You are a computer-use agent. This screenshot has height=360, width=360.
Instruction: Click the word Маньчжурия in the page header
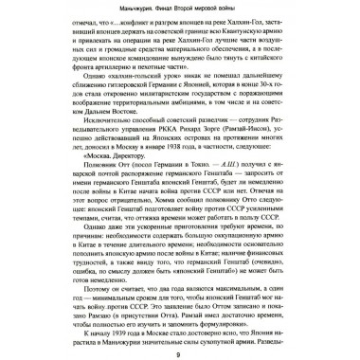point(87,11)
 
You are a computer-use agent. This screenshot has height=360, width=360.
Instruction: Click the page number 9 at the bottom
point(180,352)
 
